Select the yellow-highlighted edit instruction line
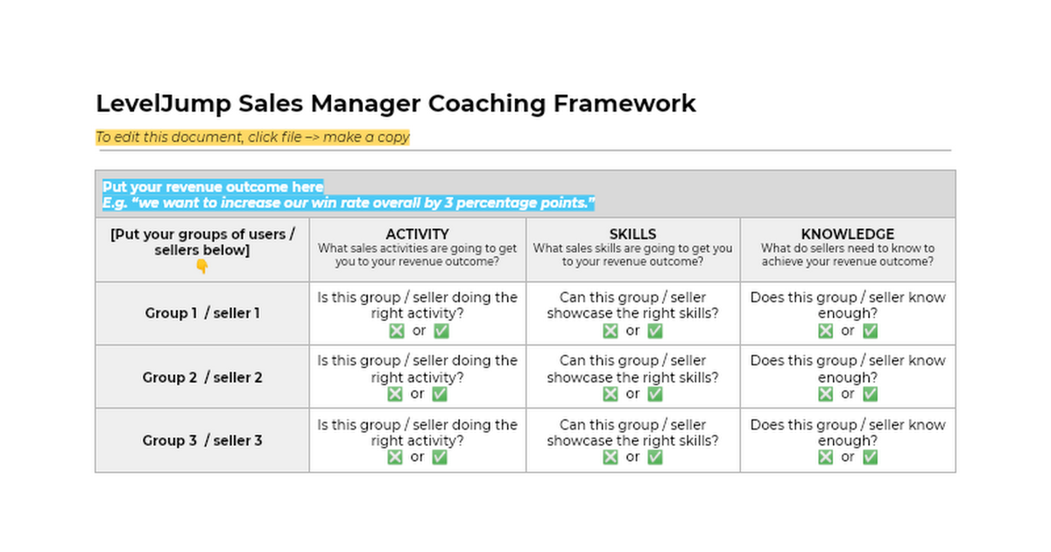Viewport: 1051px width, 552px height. (252, 137)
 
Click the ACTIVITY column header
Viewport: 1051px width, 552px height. (417, 234)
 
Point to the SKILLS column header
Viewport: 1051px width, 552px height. (632, 234)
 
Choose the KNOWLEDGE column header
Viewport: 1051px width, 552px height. (847, 234)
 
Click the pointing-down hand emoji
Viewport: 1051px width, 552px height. (201, 266)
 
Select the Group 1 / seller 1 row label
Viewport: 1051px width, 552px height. (202, 313)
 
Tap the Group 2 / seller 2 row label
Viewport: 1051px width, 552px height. (202, 377)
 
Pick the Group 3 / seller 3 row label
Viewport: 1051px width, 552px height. (202, 440)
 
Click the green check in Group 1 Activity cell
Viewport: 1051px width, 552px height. (441, 330)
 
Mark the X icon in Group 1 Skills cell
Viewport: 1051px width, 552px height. (610, 330)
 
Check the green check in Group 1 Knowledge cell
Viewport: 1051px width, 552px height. (870, 330)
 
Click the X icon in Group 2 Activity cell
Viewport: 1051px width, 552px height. (395, 393)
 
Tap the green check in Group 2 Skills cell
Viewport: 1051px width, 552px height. (655, 393)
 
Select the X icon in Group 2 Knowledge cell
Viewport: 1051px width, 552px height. (825, 393)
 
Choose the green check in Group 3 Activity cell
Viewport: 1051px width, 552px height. (441, 456)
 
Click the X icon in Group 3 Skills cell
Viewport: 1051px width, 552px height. (610, 456)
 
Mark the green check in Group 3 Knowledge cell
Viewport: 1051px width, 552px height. (870, 456)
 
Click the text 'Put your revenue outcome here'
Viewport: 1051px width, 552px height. (213, 187)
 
